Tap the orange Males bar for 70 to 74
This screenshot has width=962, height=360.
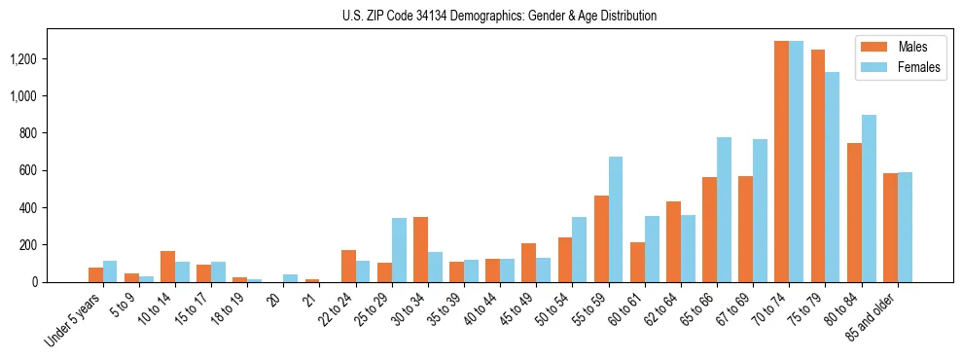tap(781, 162)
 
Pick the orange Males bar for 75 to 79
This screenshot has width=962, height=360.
tap(817, 165)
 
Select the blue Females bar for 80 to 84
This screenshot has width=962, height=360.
tap(869, 198)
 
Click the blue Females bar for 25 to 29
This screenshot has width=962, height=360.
tap(399, 250)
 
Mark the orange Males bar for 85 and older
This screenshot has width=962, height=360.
tap(890, 228)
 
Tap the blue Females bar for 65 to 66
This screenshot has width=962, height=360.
tap(724, 209)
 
